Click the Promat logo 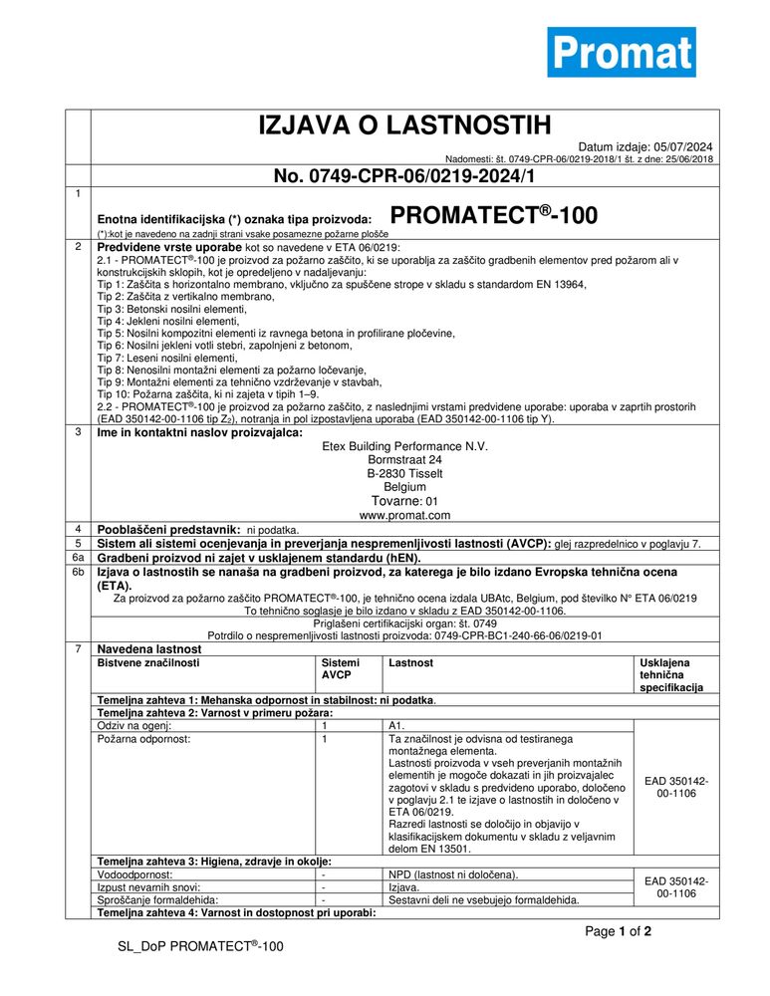click(x=621, y=52)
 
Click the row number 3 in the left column click(x=78, y=431)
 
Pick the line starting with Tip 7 click(x=167, y=358)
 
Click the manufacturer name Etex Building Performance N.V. click(x=404, y=446)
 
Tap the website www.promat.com click(x=404, y=515)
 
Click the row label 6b click(x=78, y=573)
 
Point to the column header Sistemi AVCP click(x=336, y=668)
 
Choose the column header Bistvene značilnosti click(x=145, y=662)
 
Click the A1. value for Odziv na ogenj click(x=396, y=726)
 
